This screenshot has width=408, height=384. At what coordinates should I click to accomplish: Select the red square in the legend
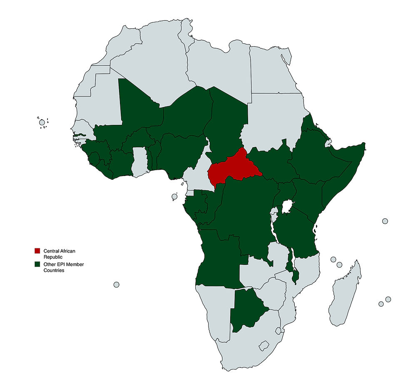37,251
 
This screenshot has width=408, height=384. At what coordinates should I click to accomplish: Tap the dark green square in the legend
37,264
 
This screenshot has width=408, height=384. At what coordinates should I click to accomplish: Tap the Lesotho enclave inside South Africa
264,346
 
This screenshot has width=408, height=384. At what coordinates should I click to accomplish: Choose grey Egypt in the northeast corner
273,71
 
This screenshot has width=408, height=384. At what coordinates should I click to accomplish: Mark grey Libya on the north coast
219,67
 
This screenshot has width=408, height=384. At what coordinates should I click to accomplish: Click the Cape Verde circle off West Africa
42,122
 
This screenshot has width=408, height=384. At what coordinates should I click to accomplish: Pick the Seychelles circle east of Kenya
385,221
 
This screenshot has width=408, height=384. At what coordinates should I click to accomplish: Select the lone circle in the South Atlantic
117,285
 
